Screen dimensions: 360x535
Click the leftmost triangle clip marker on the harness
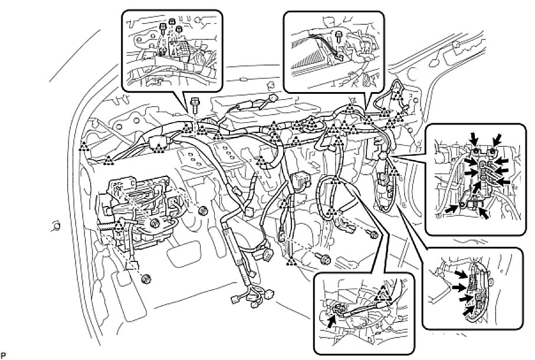pyautogui.click(x=84, y=145)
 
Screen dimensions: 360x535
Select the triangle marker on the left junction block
pyautogui.click(x=120, y=224)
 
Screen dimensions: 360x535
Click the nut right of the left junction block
pyautogui.click(x=204, y=211)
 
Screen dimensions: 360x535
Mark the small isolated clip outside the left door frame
pyautogui.click(x=55, y=224)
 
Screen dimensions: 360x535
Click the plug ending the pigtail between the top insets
pyautogui.click(x=273, y=99)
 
